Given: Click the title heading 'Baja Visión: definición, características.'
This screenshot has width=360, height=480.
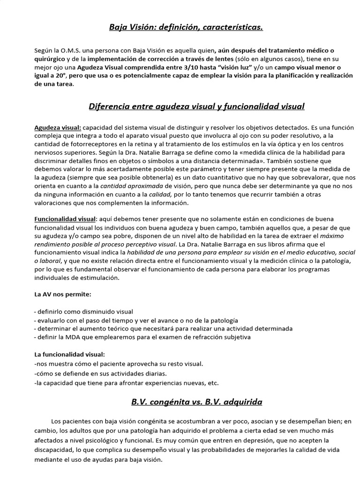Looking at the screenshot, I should pos(186,27).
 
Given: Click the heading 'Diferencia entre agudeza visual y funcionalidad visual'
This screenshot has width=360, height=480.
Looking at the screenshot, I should pos(196,106).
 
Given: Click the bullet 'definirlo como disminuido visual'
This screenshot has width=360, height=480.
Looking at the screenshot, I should pos(85,311).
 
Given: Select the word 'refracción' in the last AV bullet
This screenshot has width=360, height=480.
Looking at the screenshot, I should pos(209,337).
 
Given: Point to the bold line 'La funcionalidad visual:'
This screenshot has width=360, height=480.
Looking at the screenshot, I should pos(70,354).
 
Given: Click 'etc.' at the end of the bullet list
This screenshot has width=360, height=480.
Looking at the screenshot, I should pos(213,382).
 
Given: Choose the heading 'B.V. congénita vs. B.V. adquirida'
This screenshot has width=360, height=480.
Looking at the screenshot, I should pos(196,402).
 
